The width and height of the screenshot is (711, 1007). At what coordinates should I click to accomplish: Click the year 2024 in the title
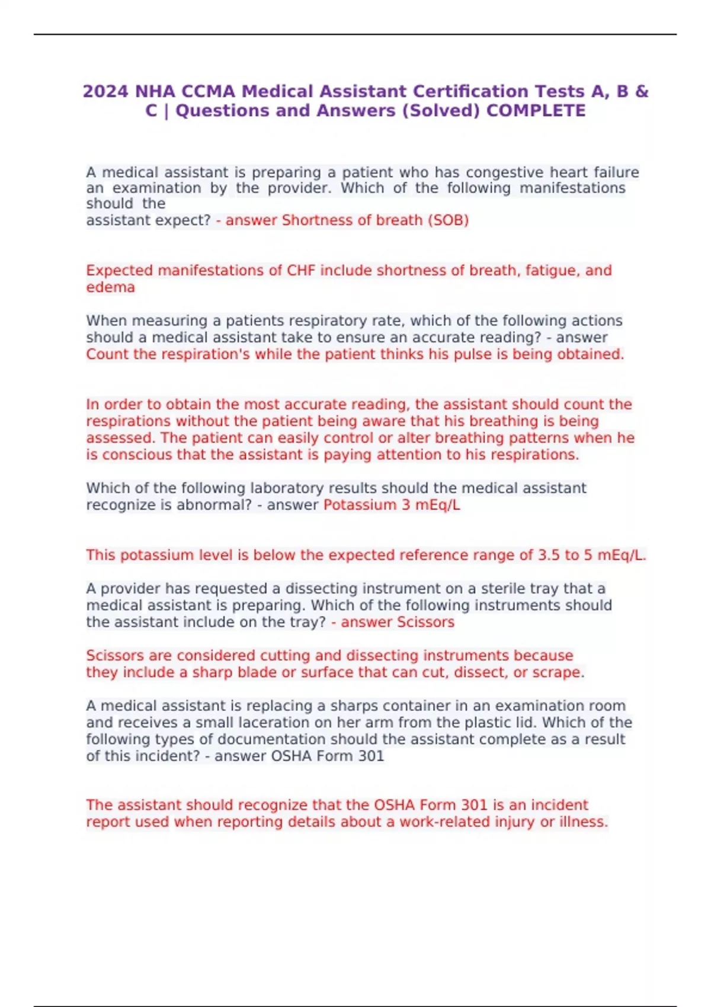[x=105, y=92]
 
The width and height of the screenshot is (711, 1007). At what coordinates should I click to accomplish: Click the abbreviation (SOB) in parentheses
[x=448, y=220]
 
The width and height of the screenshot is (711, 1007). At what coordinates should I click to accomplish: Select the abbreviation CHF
[x=302, y=271]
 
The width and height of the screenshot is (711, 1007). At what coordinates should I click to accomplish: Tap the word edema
[x=110, y=287]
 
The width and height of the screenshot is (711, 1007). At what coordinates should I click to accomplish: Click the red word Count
[x=107, y=354]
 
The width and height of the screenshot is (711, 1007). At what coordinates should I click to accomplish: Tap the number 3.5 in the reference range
[x=548, y=555]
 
